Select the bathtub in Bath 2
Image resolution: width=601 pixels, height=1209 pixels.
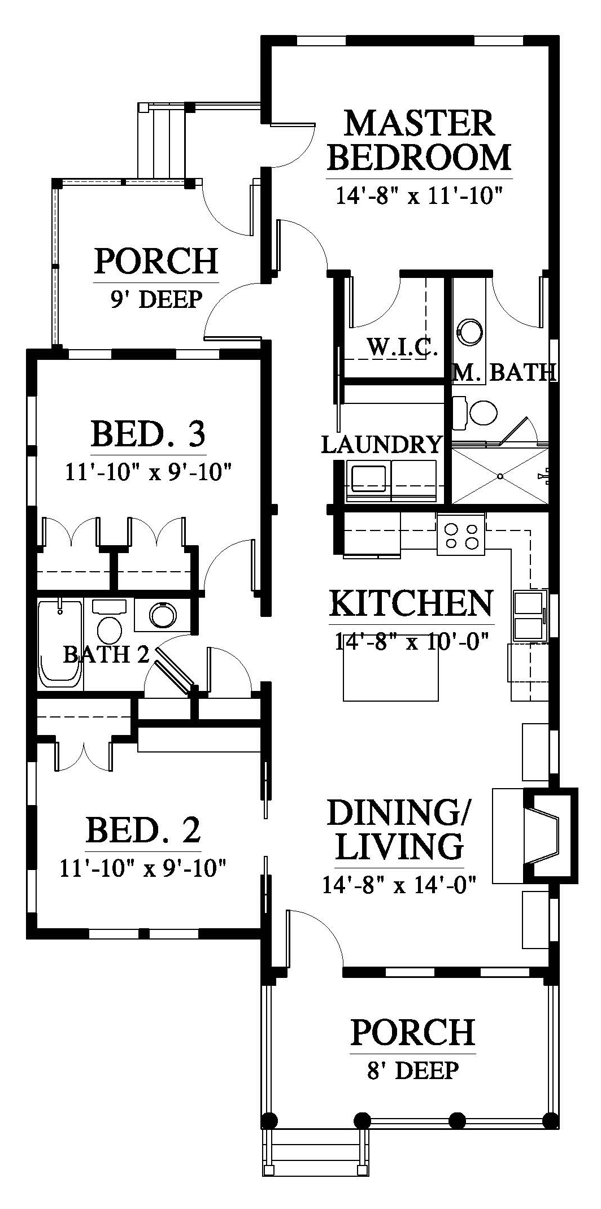[60, 644]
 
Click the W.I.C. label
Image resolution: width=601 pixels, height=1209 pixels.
[402, 346]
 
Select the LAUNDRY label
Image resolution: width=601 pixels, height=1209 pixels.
[381, 445]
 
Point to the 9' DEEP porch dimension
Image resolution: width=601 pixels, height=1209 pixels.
[156, 299]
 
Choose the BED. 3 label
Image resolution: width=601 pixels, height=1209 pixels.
[148, 434]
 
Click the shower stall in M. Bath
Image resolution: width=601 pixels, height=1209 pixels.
[500, 476]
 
